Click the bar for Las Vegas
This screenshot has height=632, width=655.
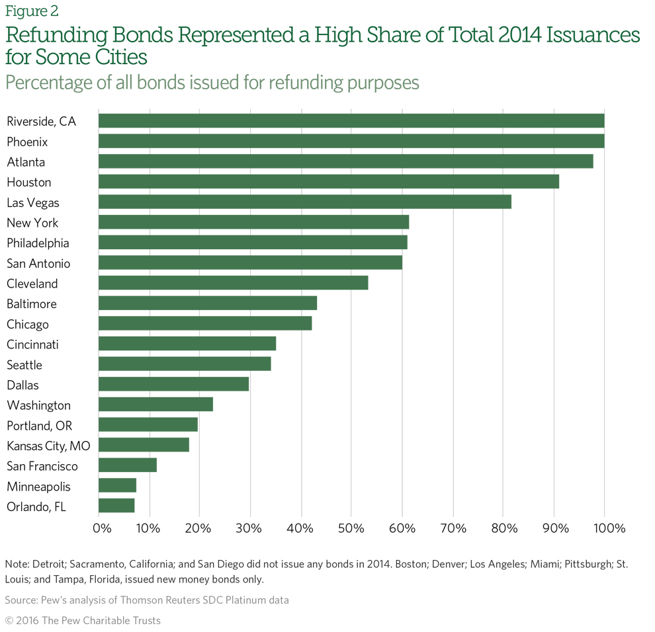point(304,202)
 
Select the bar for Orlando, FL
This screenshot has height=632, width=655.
point(116,506)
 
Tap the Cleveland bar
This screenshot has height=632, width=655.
point(233,284)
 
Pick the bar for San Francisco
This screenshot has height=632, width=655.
point(128,466)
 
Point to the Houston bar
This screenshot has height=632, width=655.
point(328,182)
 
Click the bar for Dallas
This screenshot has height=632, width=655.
point(173,385)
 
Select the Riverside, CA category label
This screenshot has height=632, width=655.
point(41,121)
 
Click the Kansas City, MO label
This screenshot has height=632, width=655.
point(48,446)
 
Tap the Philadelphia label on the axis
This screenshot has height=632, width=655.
point(38,243)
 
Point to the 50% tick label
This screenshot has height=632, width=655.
point(351,528)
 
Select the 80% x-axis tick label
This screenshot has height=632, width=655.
point(503,528)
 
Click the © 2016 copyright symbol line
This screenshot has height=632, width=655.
point(83,620)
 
